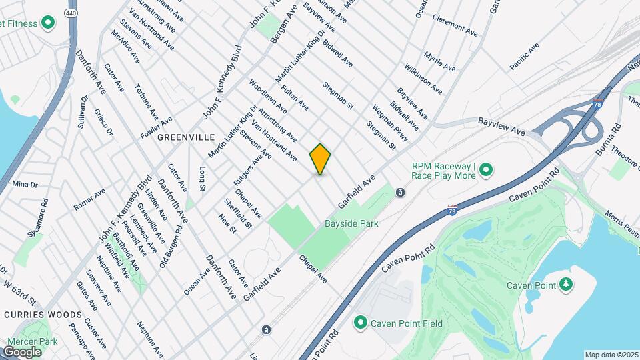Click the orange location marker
[320, 159]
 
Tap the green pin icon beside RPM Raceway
[486, 171]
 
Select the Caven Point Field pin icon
[361, 323]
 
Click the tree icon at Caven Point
[566, 285]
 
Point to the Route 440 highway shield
[70, 13]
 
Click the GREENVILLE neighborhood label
[186, 137]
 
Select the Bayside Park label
[351, 223]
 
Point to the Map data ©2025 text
[611, 355]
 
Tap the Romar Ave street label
[89, 199]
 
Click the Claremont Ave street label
[455, 27]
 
